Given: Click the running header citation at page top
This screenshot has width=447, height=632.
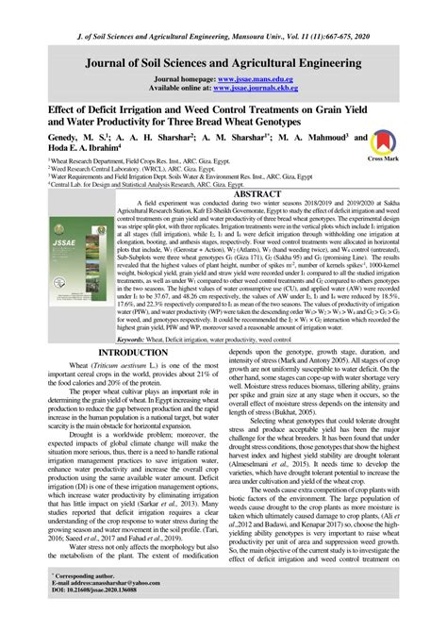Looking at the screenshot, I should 223,9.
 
